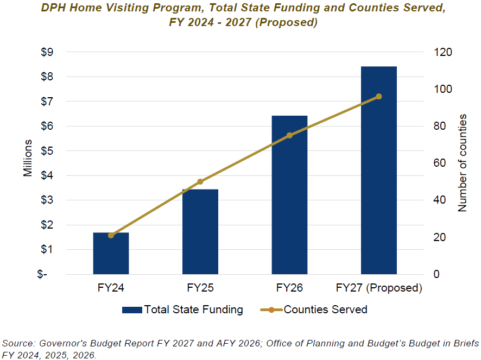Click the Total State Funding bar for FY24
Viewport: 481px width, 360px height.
pos(111,254)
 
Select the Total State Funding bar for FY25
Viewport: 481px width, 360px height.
pos(200,232)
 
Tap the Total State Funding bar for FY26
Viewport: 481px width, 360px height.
pos(289,195)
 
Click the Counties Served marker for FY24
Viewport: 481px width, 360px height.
pos(111,235)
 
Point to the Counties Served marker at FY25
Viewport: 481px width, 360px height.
pos(200,181)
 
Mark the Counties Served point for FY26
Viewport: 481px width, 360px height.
pos(289,135)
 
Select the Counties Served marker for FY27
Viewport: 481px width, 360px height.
pos(379,97)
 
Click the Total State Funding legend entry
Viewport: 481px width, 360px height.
pos(182,310)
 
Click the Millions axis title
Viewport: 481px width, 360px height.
pos(28,158)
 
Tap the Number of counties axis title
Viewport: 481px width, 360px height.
pos(463,163)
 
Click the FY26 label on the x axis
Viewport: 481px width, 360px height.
pos(289,288)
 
